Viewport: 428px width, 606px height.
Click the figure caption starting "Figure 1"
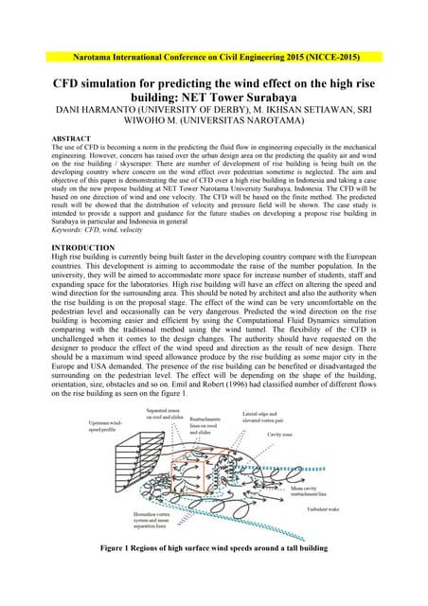click(x=213, y=574)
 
